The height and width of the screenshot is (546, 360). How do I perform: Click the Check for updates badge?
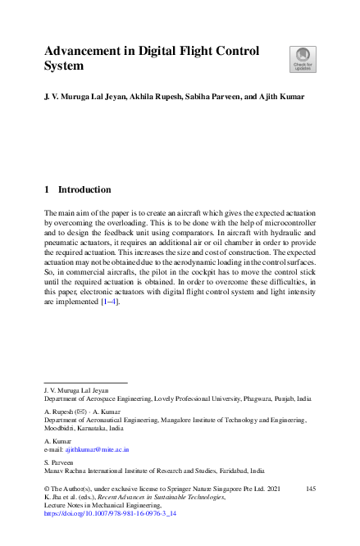(x=302, y=58)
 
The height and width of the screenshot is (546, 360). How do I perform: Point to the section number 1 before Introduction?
(x=46, y=189)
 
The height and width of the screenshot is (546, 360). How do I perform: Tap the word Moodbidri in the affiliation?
(x=62, y=428)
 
